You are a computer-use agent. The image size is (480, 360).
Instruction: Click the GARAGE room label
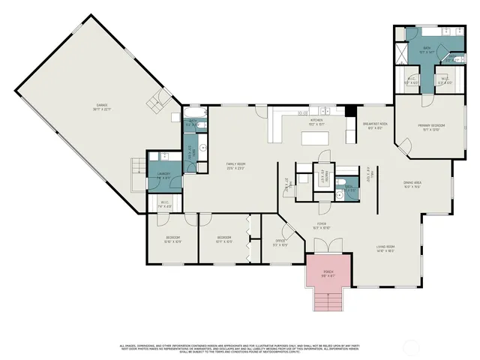(x=97, y=107)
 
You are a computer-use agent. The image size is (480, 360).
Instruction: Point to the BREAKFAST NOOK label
(x=375, y=125)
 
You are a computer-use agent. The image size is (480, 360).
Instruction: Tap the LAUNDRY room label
(x=163, y=175)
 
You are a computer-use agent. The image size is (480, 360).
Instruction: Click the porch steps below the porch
(x=327, y=302)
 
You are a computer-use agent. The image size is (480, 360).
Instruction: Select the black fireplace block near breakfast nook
(x=350, y=112)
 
